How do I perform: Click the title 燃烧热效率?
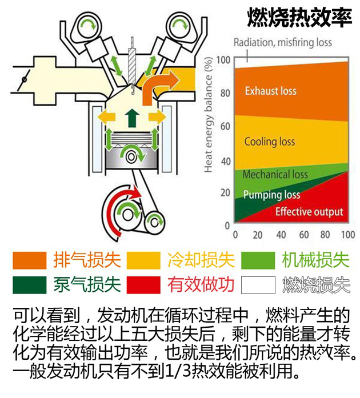299,18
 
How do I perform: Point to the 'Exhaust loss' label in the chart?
271,91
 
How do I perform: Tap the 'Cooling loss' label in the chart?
270,142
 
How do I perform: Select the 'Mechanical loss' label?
275,174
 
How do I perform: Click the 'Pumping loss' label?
271,195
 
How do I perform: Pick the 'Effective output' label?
309,212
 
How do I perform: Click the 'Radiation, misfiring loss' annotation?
282,42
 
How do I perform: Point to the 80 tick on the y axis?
225,93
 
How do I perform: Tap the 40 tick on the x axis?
281,235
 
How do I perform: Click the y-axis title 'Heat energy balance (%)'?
208,115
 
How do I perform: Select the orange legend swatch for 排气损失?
30,260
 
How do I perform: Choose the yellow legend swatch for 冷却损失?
143,260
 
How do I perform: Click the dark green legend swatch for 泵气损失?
30,285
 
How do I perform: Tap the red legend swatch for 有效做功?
143,285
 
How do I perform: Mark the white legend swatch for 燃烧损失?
258,285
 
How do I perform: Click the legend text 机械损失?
316,260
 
